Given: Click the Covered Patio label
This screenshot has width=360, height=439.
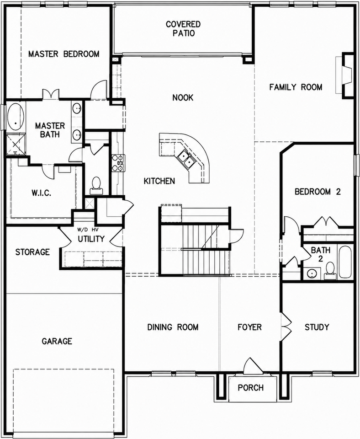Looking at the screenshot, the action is point(183,28).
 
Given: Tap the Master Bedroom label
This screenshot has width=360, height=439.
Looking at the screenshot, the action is point(64,54).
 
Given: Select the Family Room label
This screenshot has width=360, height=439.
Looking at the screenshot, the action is point(296,87).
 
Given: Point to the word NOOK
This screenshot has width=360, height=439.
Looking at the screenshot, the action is point(183,98).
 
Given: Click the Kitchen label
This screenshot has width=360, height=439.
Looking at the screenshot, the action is point(159,181).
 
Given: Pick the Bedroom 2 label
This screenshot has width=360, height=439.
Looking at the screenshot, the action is point(318,192).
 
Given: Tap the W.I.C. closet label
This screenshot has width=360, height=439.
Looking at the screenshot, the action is point(41,193).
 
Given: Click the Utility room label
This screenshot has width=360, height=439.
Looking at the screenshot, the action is point(91,239).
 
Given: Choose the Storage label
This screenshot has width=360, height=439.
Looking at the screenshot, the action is point(32,252).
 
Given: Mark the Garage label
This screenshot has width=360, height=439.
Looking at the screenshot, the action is point(57,341).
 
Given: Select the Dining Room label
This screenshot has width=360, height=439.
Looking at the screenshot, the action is point(173,327).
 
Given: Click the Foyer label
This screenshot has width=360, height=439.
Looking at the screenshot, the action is point(249,327).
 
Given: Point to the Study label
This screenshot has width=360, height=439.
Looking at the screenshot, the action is point(317,327).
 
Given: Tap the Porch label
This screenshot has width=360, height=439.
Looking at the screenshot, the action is point(251,388).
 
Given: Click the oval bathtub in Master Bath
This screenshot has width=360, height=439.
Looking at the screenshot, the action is point(16,117).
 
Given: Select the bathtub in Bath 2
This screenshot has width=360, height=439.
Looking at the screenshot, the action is point(346,262).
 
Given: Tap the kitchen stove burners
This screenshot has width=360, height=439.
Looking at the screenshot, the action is point(117,163).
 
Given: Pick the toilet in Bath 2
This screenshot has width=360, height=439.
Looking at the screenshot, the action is point(330,270).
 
